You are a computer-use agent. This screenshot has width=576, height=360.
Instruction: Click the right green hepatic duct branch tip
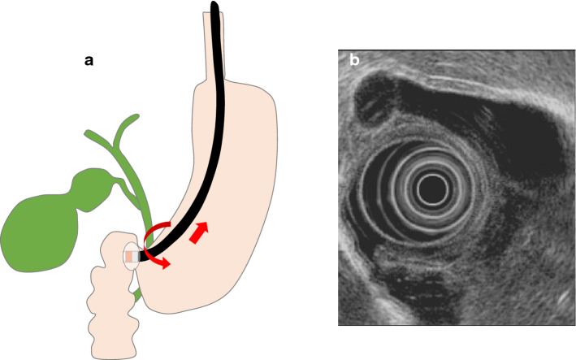[x=131, y=119]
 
